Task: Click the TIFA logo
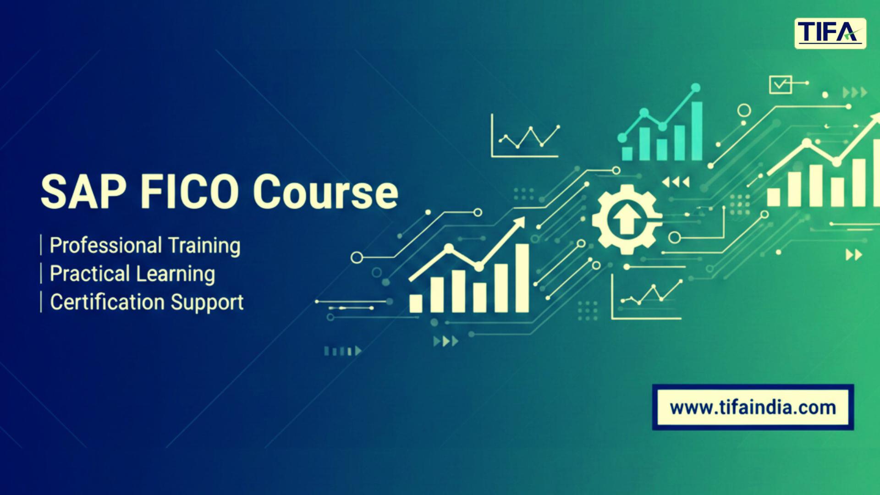tap(830, 33)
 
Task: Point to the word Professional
tap(105, 246)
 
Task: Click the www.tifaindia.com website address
tap(753, 407)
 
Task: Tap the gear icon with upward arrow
tap(627, 220)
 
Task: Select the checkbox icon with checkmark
tap(781, 84)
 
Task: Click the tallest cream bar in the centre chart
tap(522, 278)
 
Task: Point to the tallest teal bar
tap(697, 131)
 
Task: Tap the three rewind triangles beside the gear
tap(676, 183)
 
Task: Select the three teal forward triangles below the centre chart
tap(446, 341)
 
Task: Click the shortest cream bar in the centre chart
tap(416, 303)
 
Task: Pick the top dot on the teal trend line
tap(696, 87)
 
